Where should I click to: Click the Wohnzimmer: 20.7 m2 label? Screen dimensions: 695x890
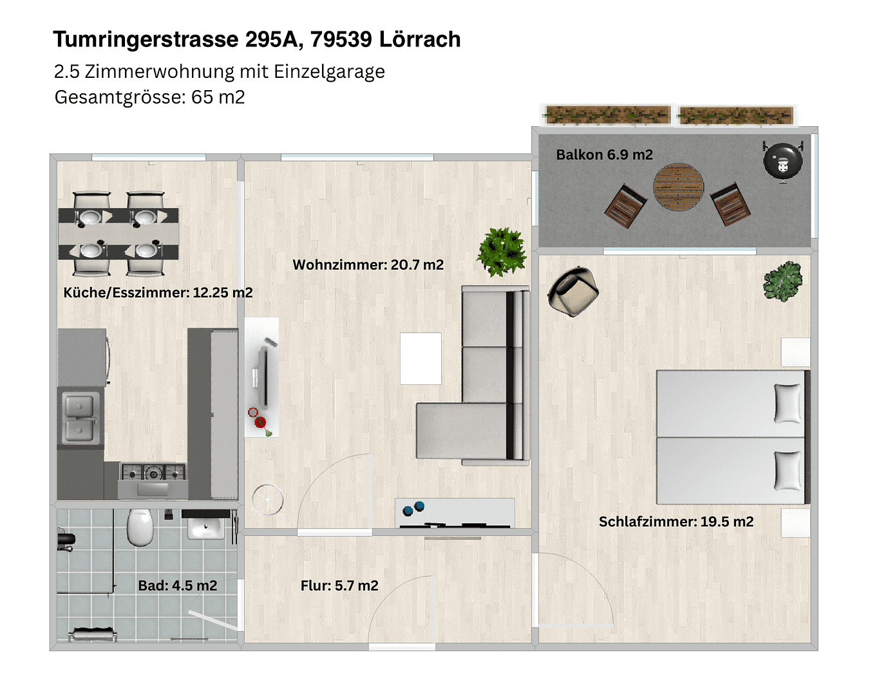coord(368,264)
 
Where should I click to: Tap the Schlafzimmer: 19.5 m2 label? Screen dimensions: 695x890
coord(676,521)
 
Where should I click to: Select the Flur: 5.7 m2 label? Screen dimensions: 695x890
coord(339,586)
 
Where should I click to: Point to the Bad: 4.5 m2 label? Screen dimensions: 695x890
coord(178,586)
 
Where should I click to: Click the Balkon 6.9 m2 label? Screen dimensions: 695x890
coord(604,154)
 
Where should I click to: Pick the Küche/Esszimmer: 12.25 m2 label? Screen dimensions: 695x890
coord(158,292)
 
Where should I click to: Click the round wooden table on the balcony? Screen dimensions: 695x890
coord(678,187)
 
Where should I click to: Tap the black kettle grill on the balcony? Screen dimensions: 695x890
coord(782,160)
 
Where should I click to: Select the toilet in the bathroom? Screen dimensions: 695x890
coord(140,526)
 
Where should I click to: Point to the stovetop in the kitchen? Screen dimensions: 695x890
coord(153,473)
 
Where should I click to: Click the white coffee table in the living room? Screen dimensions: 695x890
coord(421,358)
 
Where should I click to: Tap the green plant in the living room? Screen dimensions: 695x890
coord(502,251)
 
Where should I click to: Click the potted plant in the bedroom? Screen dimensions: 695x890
coord(782,281)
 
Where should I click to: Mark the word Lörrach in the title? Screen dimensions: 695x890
coord(419,39)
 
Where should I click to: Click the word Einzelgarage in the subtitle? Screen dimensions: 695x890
coord(329,71)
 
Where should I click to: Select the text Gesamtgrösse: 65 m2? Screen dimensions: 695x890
coord(149,97)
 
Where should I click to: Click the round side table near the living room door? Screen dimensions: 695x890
coord(267,499)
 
